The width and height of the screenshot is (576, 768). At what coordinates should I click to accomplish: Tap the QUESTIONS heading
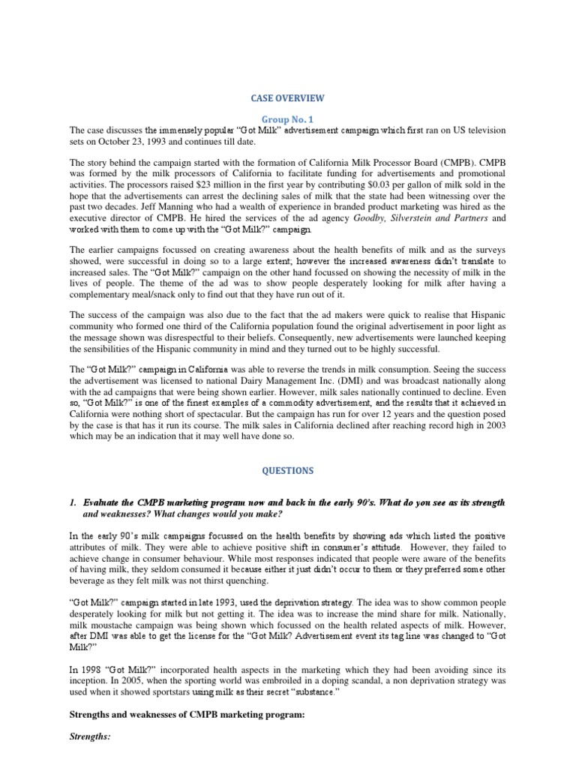pos(288,470)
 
